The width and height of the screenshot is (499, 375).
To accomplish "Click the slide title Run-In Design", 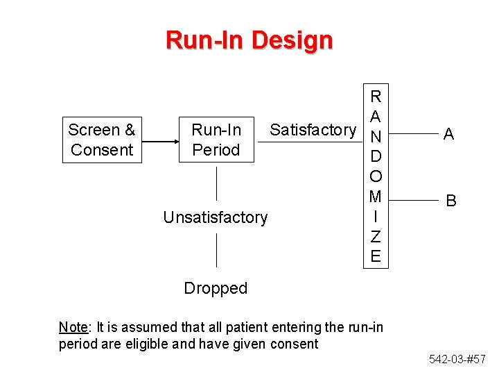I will (x=249, y=40).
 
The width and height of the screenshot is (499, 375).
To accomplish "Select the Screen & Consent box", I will (x=102, y=140).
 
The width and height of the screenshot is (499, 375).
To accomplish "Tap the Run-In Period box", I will (x=216, y=140).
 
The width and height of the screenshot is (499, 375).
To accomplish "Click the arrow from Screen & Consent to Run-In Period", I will (x=159, y=141).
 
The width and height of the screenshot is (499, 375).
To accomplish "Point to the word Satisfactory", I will (x=313, y=130).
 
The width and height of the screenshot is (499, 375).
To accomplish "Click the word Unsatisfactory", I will (x=215, y=217).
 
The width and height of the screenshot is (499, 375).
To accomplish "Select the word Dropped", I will (x=216, y=288).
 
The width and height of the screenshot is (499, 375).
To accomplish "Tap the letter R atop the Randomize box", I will (x=376, y=96).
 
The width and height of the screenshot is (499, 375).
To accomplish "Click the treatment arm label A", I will (x=448, y=135).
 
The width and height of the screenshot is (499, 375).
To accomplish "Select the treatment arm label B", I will (x=451, y=201).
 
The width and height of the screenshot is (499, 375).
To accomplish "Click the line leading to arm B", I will (x=412, y=199).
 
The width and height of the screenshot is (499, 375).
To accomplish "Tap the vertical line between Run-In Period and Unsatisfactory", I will (x=217, y=183).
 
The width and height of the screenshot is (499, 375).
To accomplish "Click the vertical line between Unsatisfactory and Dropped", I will (x=217, y=250).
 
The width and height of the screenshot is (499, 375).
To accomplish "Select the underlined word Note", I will (x=73, y=327).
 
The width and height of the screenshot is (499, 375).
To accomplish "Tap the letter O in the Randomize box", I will (x=376, y=176).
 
